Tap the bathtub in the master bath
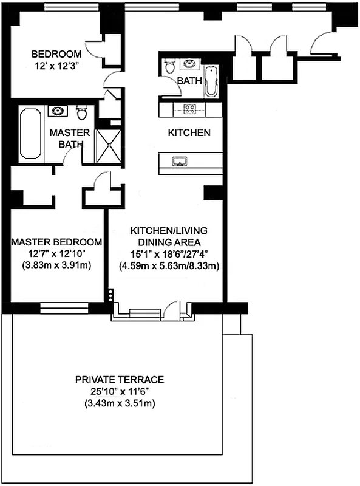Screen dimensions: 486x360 29,132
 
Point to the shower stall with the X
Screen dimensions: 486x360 109,146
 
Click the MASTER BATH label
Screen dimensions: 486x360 69,138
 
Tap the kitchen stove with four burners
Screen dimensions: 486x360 189,110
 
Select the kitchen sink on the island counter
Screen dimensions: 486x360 180,161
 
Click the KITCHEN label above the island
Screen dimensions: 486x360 189,132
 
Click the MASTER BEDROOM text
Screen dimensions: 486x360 56,242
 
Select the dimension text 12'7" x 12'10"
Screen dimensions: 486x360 56,253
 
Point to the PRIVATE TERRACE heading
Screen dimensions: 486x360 120,380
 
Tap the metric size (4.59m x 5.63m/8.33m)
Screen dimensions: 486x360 169,265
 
